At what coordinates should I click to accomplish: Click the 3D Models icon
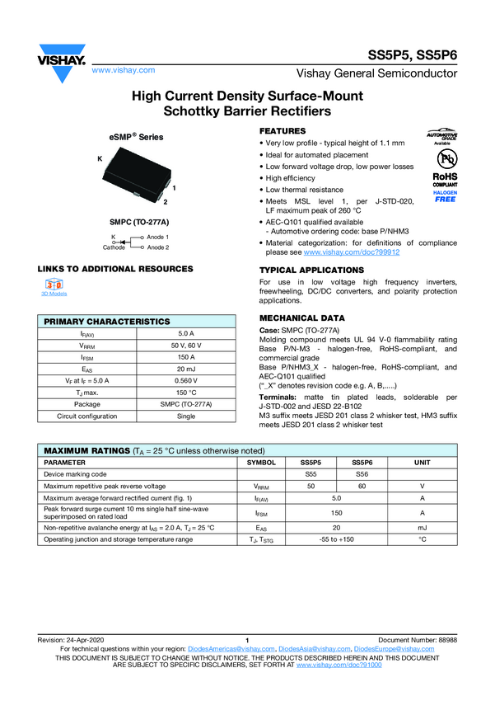[54, 285]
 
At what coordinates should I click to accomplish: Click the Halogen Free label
[445, 196]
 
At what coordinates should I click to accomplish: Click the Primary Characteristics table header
[107, 321]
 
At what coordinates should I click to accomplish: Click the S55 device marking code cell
[310, 474]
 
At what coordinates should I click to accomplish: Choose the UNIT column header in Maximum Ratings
[422, 463]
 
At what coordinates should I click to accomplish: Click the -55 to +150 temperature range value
[336, 539]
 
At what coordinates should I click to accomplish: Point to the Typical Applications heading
[307, 271]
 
